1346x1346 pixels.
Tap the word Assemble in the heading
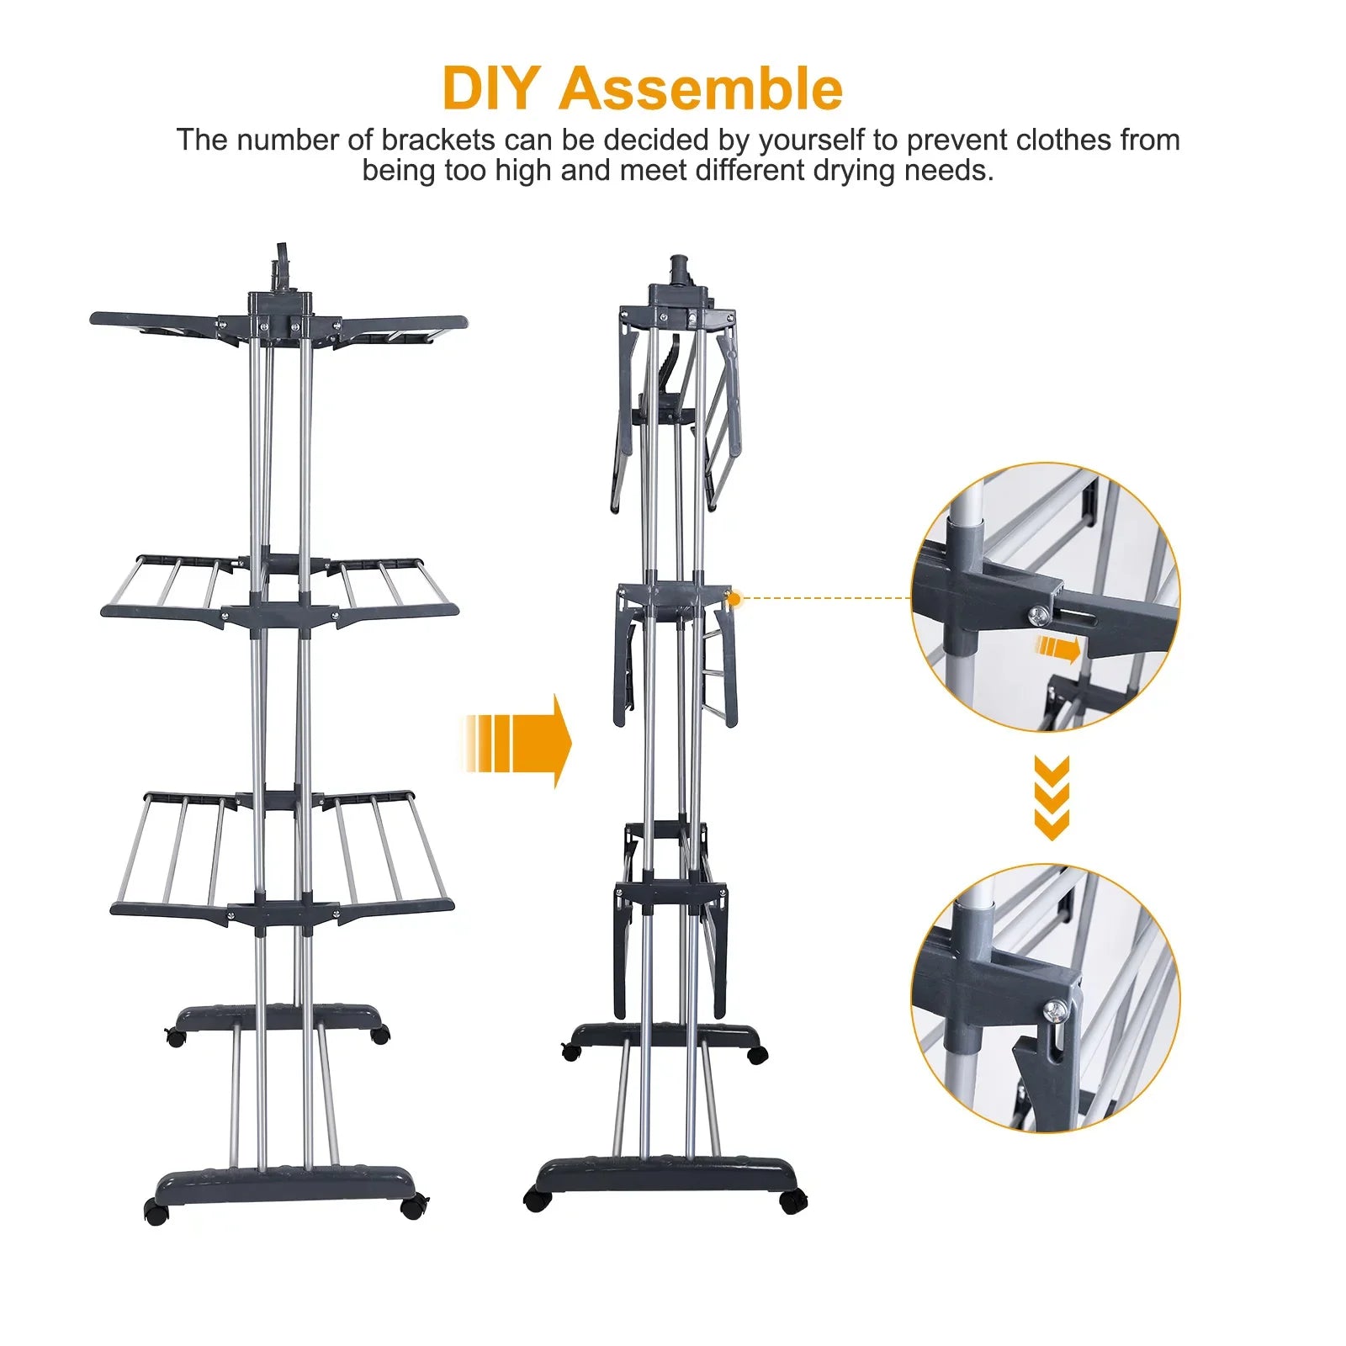pyautogui.click(x=700, y=89)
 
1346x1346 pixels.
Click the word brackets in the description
pyautogui.click(x=437, y=140)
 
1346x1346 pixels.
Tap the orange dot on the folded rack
pyautogui.click(x=734, y=599)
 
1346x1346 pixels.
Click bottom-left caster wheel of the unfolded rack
pyautogui.click(x=156, y=1211)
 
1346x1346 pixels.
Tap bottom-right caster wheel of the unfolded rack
pyautogui.click(x=412, y=1208)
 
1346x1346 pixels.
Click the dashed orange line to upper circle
pyautogui.click(x=824, y=598)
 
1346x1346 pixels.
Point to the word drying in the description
pyautogui.click(x=854, y=171)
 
